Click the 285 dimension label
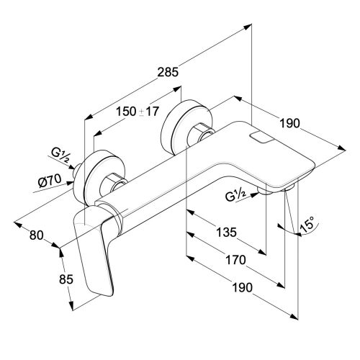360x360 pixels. point(168,72)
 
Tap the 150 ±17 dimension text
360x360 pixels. point(138,112)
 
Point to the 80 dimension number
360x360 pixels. point(37,235)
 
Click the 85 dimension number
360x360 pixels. point(66,279)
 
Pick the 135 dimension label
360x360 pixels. point(226,233)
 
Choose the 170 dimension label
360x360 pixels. point(236,260)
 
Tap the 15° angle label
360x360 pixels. point(307,225)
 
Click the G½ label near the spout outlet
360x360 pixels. point(235,196)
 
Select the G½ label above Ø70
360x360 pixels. point(61,154)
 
